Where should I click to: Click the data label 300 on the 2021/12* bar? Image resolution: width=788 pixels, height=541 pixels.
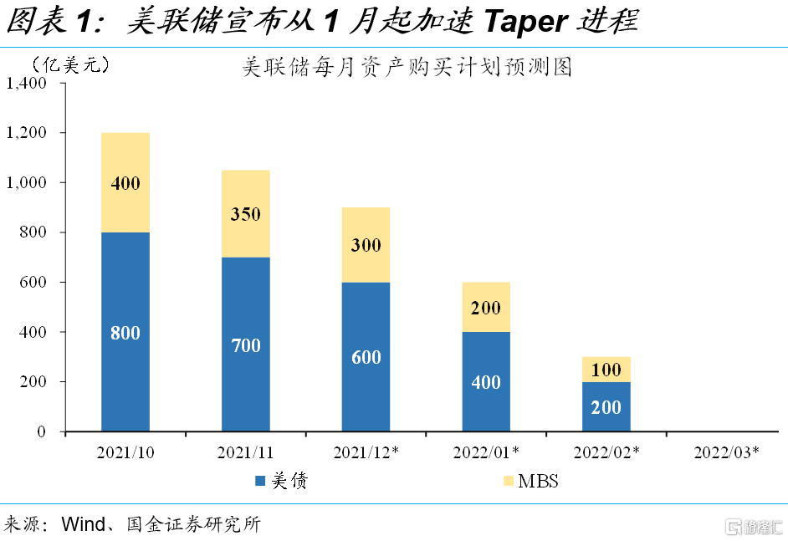click(x=366, y=245)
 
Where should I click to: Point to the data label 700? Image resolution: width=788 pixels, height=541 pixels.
click(x=246, y=345)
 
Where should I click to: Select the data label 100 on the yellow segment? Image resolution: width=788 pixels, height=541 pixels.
click(x=606, y=370)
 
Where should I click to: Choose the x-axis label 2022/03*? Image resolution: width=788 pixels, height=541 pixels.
click(x=727, y=452)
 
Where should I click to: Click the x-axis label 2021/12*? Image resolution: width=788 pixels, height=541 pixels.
click(x=366, y=452)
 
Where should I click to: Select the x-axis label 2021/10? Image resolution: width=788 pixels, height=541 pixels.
click(x=125, y=452)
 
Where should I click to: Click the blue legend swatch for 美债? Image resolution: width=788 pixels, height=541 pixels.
click(x=260, y=481)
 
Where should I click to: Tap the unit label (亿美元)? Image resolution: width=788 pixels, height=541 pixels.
click(x=70, y=64)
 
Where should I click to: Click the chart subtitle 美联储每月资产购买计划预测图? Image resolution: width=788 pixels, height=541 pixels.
click(x=407, y=67)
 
